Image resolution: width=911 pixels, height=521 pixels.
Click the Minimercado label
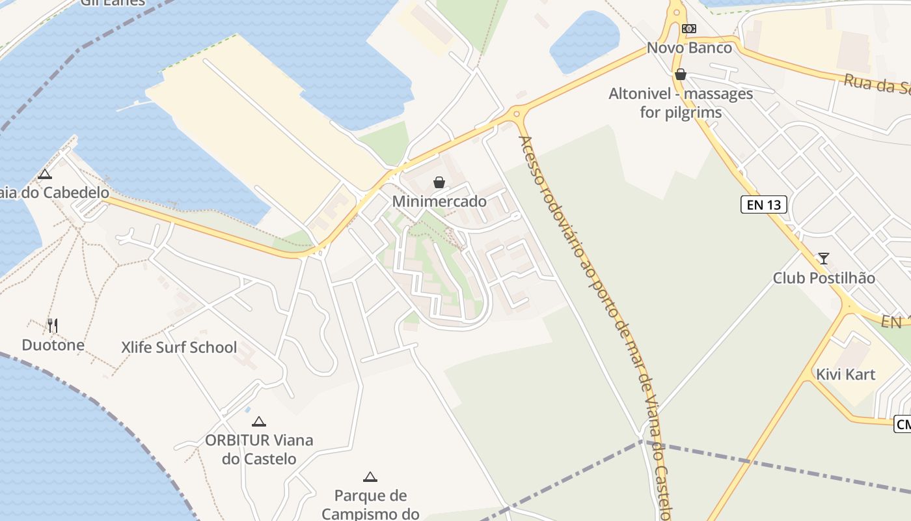[x=439, y=201]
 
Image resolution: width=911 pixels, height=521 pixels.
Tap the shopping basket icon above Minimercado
[x=439, y=182]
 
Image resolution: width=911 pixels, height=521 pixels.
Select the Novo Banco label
[x=689, y=48]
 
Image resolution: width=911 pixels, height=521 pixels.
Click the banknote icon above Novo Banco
[x=689, y=29]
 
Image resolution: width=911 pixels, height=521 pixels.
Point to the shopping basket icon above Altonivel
[x=681, y=74]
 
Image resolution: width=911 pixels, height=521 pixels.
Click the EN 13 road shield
[x=764, y=205]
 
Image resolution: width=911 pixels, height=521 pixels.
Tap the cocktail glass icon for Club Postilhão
[x=824, y=259]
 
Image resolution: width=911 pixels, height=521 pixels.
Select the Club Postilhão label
[x=824, y=278]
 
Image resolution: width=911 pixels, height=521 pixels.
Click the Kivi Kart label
[x=846, y=374]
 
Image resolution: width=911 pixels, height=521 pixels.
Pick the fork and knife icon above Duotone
[x=53, y=325]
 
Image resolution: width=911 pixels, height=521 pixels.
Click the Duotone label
[x=53, y=345]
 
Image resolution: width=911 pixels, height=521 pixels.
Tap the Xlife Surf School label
[x=179, y=347]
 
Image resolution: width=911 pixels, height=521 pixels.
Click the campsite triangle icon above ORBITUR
[x=259, y=421]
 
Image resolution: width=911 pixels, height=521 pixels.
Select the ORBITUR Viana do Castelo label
[x=259, y=449]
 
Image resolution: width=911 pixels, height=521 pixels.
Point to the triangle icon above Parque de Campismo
[x=370, y=477]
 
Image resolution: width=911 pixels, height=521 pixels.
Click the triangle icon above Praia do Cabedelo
[x=44, y=174]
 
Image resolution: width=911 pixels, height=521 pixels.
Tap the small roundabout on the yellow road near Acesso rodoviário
[x=517, y=114]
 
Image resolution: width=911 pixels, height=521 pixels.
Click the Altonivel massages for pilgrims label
[x=681, y=103]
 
